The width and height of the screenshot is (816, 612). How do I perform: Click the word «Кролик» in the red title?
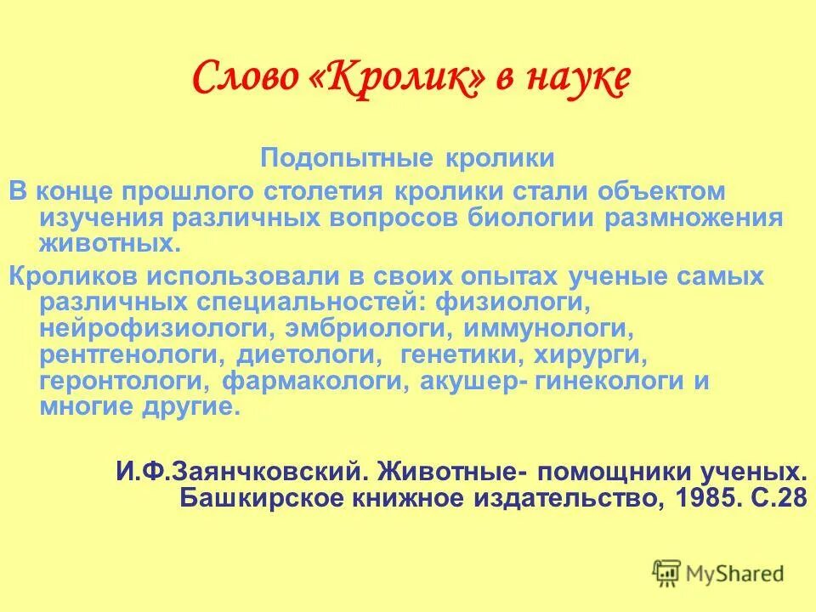[406, 79]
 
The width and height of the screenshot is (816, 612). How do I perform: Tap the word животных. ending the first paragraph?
[110, 245]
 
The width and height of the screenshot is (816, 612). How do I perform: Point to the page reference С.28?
[777, 497]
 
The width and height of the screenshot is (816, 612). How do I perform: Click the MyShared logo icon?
[666, 573]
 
